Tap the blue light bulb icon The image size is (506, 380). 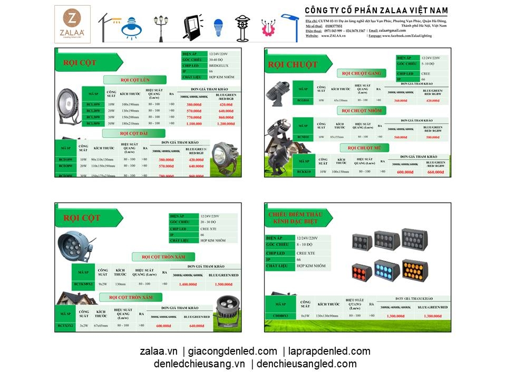218,25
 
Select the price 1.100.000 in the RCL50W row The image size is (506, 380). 194,123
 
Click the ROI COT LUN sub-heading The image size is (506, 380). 134,80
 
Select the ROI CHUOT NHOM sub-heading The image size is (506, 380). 363,111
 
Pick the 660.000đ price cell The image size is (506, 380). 435,172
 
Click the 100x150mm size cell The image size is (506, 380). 340,172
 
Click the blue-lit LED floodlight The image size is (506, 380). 387,270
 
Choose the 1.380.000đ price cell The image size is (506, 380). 433,316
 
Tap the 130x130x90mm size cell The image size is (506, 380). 327,316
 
